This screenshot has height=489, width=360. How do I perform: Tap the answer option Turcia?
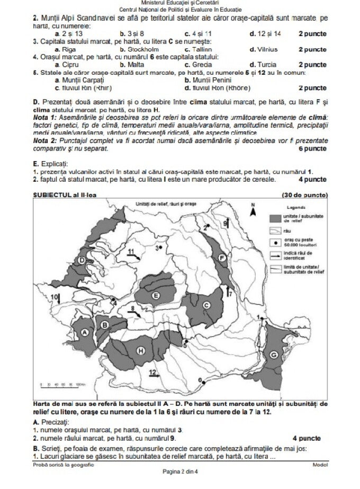coord(262,64)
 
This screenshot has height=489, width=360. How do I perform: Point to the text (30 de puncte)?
coord(306,195)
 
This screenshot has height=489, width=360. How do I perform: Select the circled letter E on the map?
coord(156,295)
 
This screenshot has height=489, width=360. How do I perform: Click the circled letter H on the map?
coord(141,350)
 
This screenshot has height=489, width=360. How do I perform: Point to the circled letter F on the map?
coord(222,258)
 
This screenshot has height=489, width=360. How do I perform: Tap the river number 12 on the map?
coord(152,372)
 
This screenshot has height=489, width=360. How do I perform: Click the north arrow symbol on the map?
coord(253,210)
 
